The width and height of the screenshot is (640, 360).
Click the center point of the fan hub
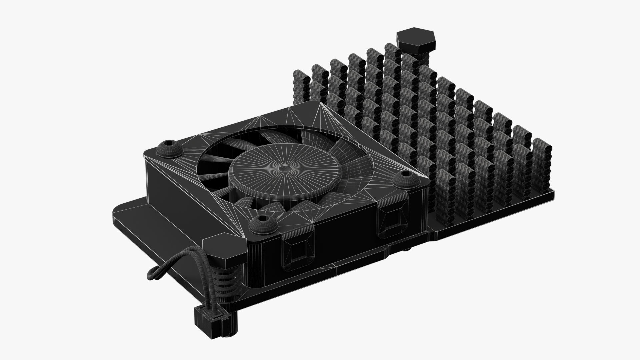(284, 169)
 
